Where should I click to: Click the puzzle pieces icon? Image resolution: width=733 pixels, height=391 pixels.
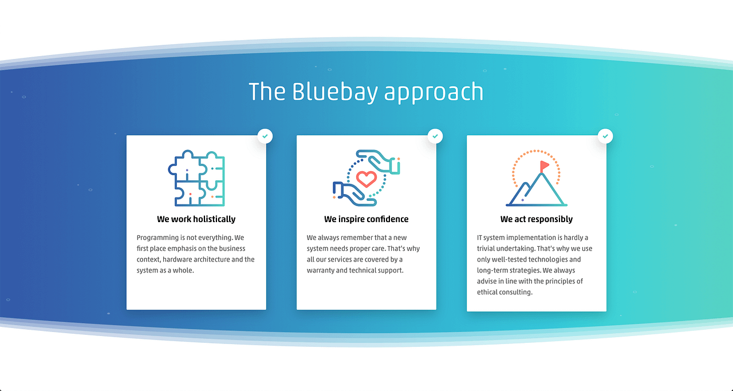(x=196, y=178)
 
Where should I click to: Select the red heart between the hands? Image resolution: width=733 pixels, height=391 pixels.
(x=366, y=179)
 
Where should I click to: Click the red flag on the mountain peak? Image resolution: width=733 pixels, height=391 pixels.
(x=544, y=165)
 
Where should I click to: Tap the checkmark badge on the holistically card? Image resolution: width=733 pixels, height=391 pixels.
(x=265, y=136)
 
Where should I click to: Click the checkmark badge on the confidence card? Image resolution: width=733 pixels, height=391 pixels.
(x=435, y=136)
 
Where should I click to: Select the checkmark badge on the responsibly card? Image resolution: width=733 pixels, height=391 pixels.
(x=605, y=136)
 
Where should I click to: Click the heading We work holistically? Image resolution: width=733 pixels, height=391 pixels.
(x=196, y=219)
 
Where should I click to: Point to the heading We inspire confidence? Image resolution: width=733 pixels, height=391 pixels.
(x=366, y=219)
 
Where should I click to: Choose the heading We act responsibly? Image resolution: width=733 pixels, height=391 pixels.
(x=536, y=219)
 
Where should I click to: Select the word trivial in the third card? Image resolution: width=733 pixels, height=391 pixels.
(x=488, y=248)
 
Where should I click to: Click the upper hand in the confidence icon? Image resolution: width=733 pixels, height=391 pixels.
(x=379, y=160)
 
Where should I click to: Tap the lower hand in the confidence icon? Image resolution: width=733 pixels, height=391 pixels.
(x=352, y=193)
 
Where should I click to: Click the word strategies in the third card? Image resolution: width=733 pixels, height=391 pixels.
(x=522, y=270)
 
